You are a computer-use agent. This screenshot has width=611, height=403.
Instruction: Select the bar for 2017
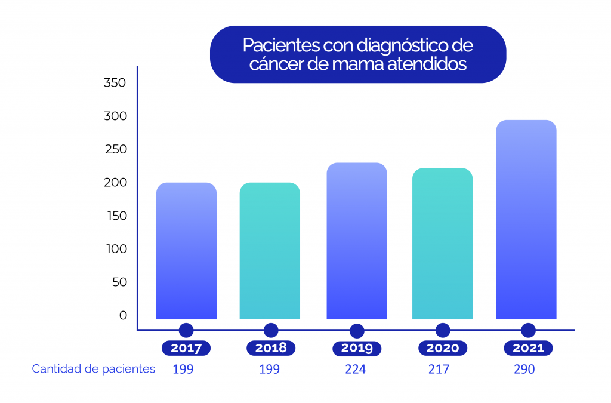pos(186,251)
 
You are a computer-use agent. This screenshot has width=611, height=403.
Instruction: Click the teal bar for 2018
pos(270,251)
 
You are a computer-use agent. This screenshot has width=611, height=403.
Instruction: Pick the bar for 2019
pos(357,241)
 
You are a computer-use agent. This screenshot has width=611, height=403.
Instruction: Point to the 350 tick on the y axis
pos(115,83)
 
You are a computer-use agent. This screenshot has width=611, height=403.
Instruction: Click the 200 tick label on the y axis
pos(115,183)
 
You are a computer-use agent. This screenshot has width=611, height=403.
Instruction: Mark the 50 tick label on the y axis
pos(119,282)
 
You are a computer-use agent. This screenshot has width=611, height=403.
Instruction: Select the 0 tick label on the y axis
pos(123,315)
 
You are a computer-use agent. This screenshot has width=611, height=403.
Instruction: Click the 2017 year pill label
pos(186,348)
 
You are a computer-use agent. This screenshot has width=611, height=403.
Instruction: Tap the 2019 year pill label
pos(357,348)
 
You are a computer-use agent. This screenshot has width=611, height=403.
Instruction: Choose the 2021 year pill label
pos(528,348)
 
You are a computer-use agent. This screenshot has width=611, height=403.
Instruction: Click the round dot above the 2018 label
pos(271,330)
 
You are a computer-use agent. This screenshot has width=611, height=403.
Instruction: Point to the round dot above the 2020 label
pos(443,330)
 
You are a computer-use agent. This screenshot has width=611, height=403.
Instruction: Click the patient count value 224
pos(356,370)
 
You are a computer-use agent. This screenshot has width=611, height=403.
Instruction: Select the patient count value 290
pos(524,370)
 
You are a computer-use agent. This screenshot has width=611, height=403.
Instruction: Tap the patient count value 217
pos(439,370)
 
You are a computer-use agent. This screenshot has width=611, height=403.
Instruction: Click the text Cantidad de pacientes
pos(94,369)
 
